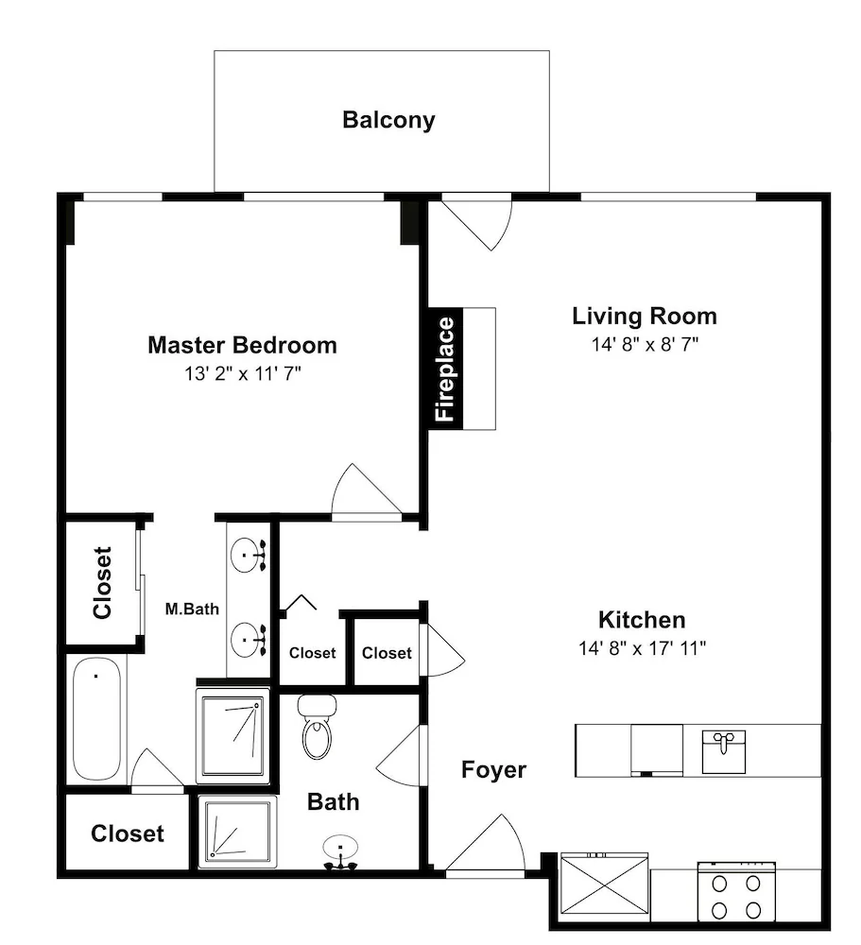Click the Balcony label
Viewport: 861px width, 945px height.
pos(388,120)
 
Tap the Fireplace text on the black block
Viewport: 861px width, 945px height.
pos(445,369)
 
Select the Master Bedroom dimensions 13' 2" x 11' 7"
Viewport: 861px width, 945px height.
pos(242,373)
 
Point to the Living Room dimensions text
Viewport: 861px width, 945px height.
pos(645,344)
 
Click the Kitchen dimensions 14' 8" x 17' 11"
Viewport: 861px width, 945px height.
pos(642,648)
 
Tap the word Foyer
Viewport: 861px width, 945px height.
pos(493,769)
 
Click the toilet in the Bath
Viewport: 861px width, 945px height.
pos(318,727)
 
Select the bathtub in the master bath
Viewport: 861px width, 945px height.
pos(96,718)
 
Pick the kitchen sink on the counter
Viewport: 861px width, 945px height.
pos(724,751)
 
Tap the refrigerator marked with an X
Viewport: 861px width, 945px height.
pos(604,885)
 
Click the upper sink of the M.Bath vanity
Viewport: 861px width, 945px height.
pos(249,555)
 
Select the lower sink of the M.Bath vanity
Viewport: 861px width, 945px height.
pos(249,638)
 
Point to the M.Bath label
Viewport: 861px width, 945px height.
pos(192,609)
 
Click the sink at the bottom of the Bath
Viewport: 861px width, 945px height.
pos(340,852)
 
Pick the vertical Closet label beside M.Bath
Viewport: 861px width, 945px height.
pos(102,582)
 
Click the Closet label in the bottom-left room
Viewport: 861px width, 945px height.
pos(128,833)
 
